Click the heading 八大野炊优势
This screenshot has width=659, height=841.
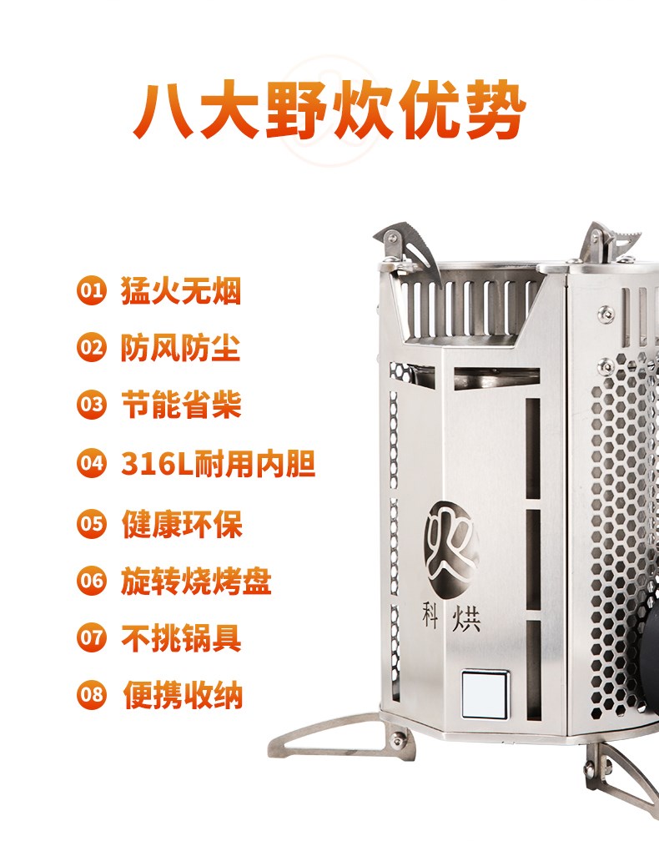coord(329,111)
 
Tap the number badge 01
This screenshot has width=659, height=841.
coord(91,290)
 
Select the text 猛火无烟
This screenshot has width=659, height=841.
coord(181,290)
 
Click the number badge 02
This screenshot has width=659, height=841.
coord(91,347)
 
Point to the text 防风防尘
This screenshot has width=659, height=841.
coord(181,348)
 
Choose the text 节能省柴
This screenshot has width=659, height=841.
coord(181,405)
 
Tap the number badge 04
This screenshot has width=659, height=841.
coord(91,462)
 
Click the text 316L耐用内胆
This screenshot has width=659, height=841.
coord(219,463)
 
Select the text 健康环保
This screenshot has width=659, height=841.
coord(182,523)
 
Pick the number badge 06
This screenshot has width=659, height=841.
coord(91,581)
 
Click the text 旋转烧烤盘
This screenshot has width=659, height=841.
coord(196,582)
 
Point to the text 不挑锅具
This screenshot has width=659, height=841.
coord(181,638)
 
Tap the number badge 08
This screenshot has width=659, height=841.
coord(91,694)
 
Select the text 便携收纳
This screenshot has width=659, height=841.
coord(183,695)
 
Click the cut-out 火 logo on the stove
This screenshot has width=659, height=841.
coord(450,547)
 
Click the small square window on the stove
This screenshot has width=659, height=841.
coord(485,693)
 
